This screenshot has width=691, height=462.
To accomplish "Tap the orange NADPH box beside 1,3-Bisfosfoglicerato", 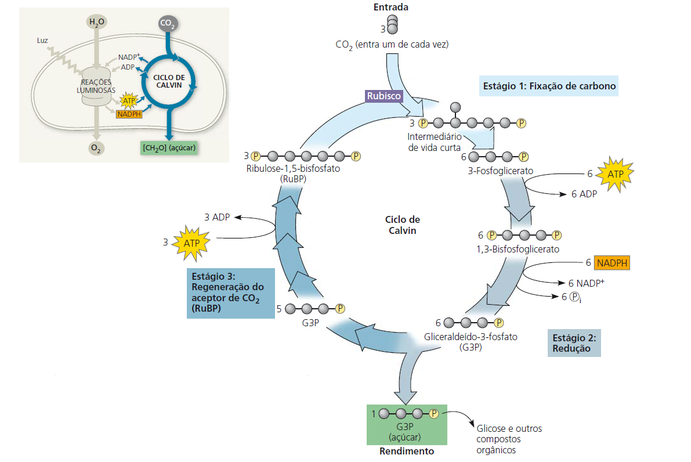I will coord(612,263).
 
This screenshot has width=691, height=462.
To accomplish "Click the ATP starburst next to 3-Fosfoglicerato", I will coord(613,174).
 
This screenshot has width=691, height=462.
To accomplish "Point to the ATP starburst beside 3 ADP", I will coord(192,241).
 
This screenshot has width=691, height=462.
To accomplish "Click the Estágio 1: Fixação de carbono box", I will coord(549,86).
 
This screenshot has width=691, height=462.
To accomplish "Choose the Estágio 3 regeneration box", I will coord(230,293).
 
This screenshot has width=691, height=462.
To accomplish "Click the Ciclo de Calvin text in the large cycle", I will coord(402,225).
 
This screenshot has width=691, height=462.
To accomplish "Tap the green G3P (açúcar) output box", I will coord(406,425).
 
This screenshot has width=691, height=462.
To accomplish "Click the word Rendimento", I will coord(406,451).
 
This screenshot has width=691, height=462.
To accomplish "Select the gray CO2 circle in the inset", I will coord(167,24).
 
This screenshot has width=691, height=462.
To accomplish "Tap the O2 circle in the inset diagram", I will coord(96,149).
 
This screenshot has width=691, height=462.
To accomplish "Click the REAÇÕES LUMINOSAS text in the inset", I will coord(96,86).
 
